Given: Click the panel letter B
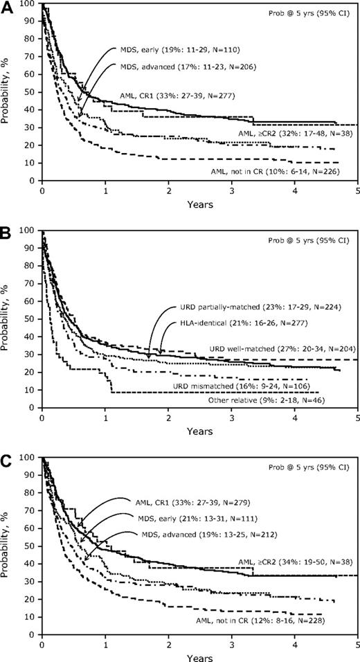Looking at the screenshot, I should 6,228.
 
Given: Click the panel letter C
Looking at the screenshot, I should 6,450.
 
